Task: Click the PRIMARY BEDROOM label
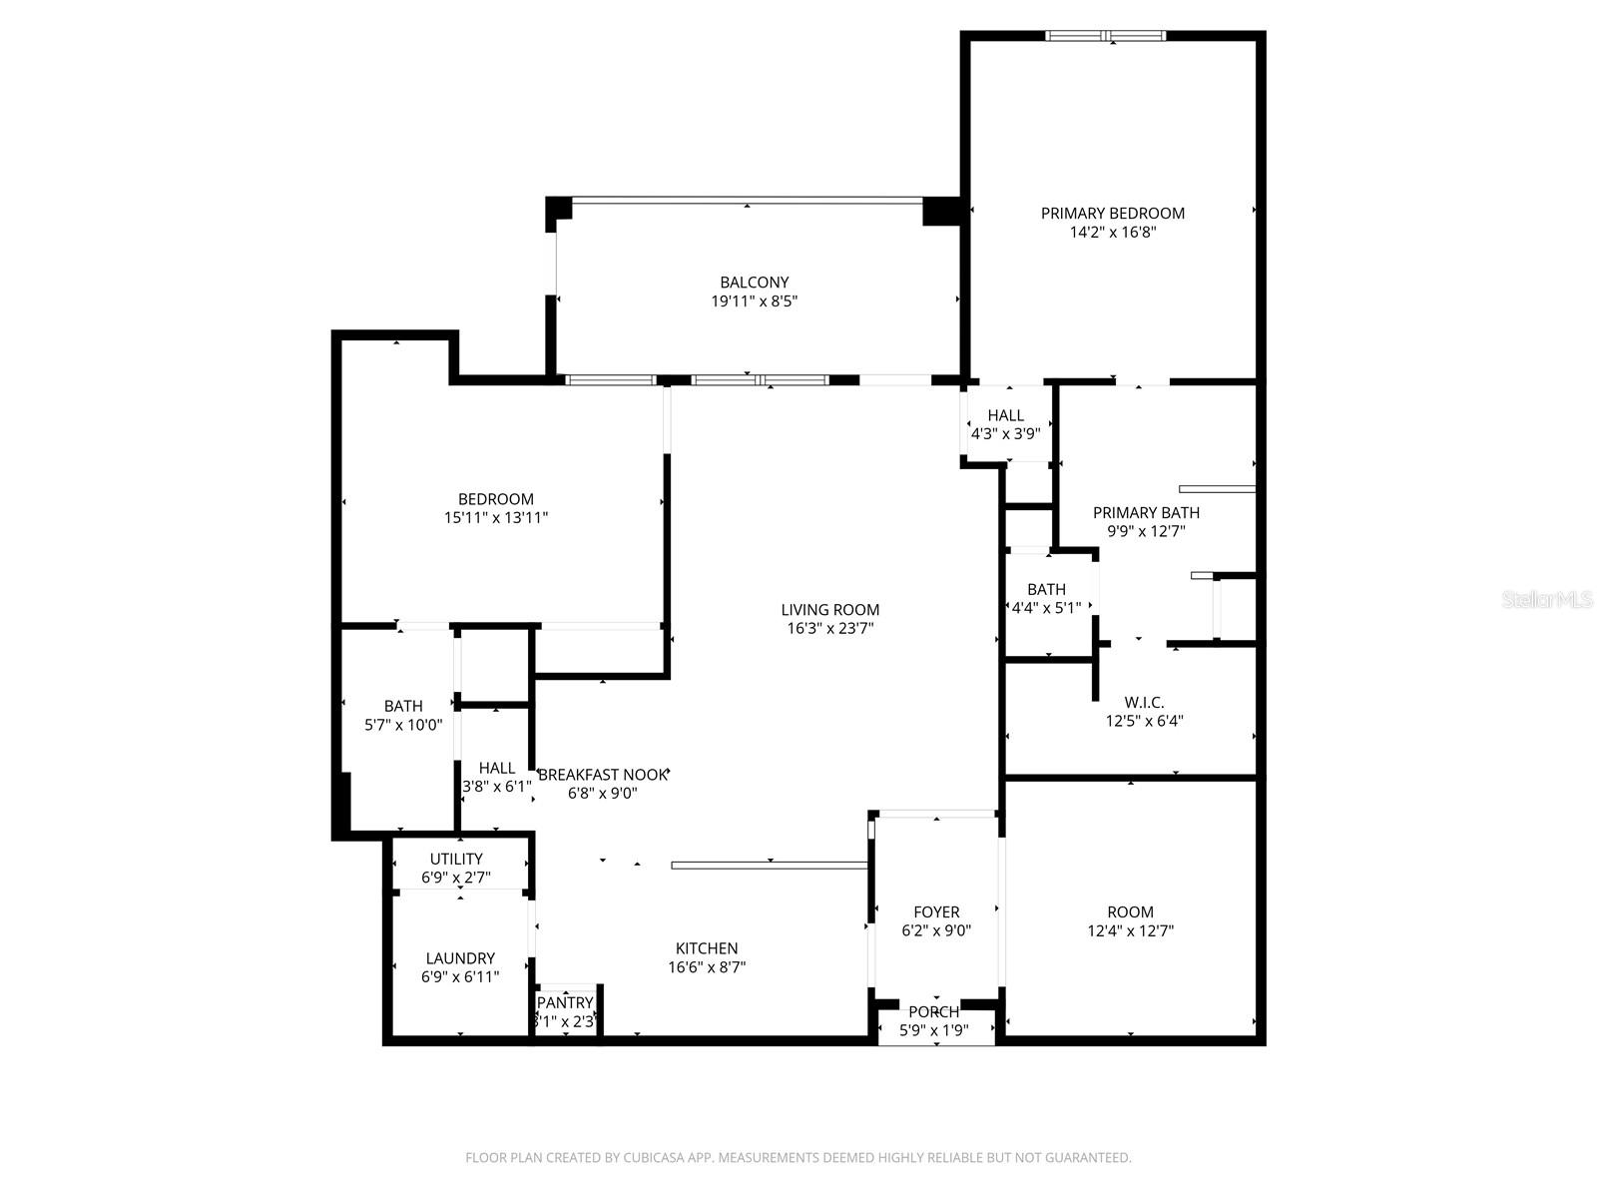[1112, 213]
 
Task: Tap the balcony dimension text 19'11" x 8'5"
[754, 300]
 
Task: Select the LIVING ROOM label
[829, 609]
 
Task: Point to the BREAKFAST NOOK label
[602, 774]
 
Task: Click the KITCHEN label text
[707, 948]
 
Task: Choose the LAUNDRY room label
[460, 958]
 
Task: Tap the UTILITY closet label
[456, 859]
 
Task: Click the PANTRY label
[565, 1002]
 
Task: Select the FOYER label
[936, 911]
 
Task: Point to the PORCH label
[933, 1012]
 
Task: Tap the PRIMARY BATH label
[1146, 512]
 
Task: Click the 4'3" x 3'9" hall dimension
[1005, 433]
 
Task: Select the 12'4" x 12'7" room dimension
[1130, 930]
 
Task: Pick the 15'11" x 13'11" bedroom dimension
[496, 517]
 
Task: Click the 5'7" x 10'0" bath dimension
[403, 725]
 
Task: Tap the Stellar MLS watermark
[1546, 600]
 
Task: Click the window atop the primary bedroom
[1105, 36]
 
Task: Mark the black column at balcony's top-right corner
[940, 211]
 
